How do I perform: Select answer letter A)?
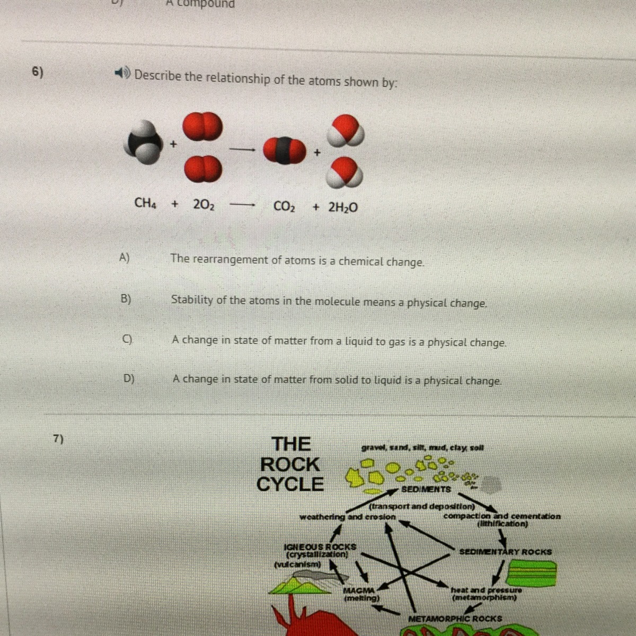[x=125, y=257]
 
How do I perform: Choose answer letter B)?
[x=126, y=299]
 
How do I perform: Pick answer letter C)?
[x=127, y=339]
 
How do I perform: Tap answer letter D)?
[x=129, y=378]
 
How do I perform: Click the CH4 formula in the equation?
[x=145, y=204]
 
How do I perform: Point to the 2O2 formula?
[x=204, y=205]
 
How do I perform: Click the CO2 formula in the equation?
[x=284, y=207]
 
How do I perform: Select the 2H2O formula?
[x=342, y=207]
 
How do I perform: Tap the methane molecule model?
[x=143, y=142]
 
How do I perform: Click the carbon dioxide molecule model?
[x=284, y=151]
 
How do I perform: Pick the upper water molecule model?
[x=345, y=130]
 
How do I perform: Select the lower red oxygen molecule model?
[x=203, y=169]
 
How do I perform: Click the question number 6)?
[x=37, y=72]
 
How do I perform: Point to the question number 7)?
[x=58, y=438]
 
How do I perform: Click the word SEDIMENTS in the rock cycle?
[x=426, y=489]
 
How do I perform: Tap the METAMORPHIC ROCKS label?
[x=455, y=619]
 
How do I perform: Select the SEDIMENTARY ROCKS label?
[x=506, y=552]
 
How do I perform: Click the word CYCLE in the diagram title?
[x=290, y=484]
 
